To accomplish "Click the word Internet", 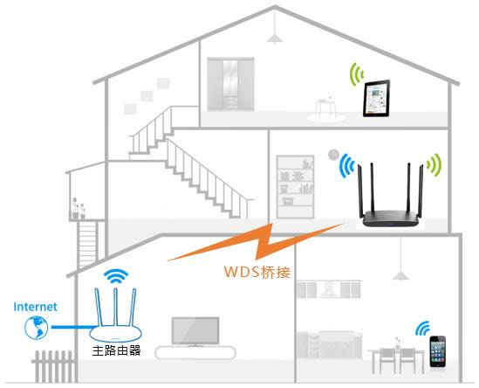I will [x=35, y=307].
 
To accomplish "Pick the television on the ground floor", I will [x=195, y=331].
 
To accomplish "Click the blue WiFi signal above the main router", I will [x=114, y=277].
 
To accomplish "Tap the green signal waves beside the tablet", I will [x=356, y=74].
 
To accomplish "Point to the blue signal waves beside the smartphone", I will [x=422, y=329].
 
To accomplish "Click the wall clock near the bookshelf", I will [x=332, y=155].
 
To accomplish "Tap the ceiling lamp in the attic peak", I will [x=275, y=37].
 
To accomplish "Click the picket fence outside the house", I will [x=51, y=366].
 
